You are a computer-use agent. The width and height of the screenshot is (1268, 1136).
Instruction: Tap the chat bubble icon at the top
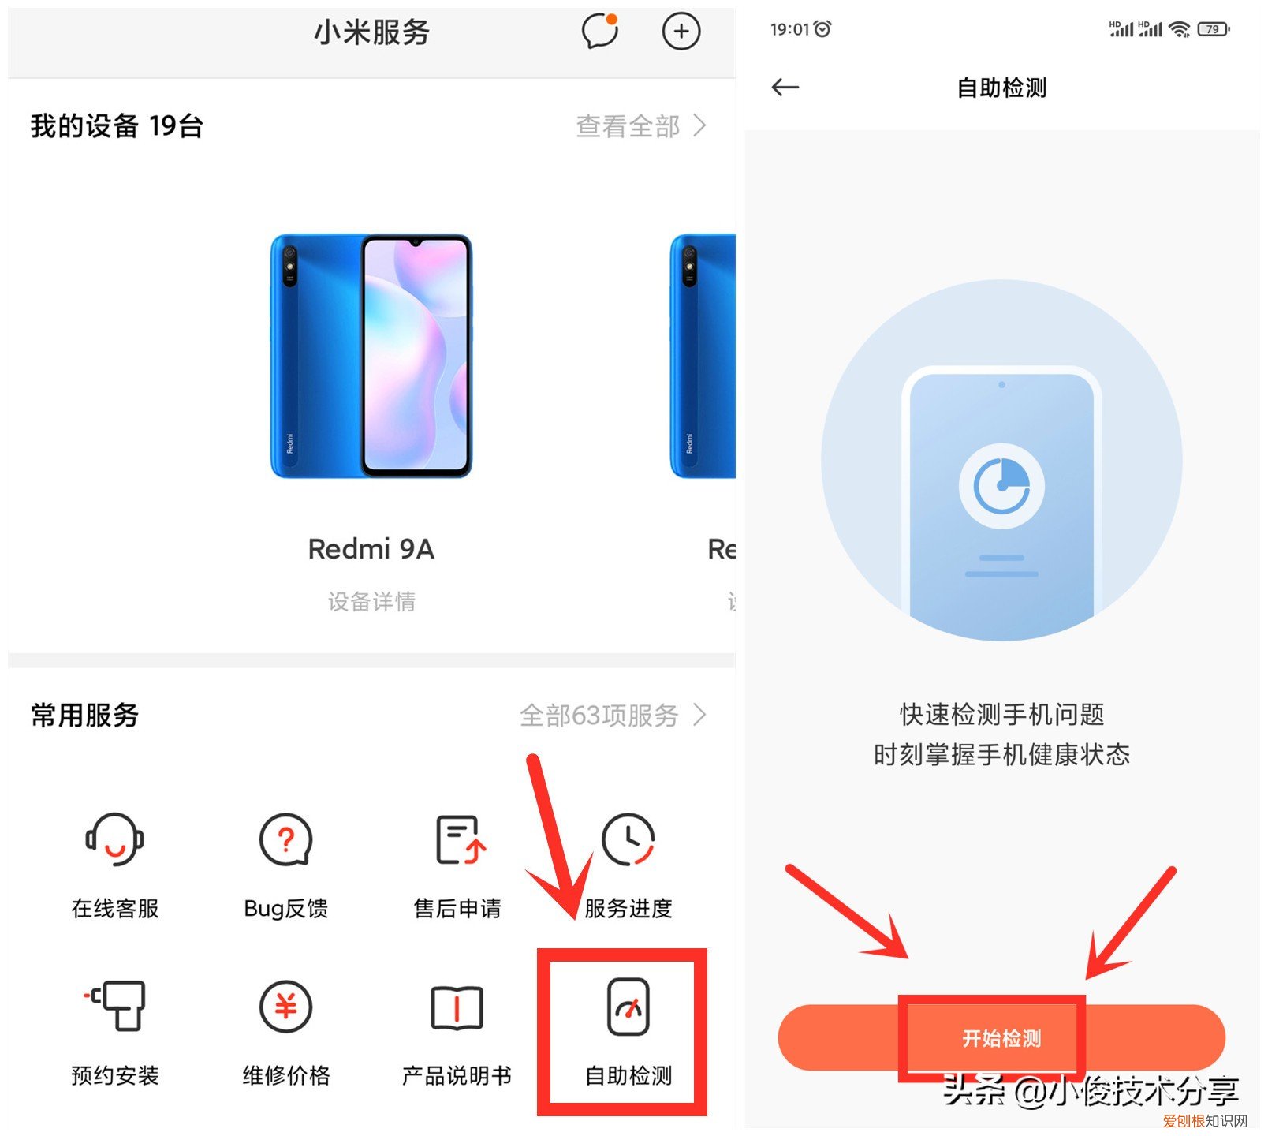pos(599,32)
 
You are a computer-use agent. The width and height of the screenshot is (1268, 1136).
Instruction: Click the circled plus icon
pos(681,32)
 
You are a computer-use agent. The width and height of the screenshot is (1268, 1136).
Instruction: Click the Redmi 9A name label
pos(371,549)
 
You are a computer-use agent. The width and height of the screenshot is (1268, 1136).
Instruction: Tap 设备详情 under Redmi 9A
pos(371,602)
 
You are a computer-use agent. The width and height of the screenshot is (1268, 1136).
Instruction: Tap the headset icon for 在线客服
pos(115,839)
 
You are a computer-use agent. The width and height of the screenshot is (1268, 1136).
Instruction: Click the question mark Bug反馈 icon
pos(286,839)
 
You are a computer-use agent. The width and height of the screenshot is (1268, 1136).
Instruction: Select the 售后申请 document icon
pos(460,839)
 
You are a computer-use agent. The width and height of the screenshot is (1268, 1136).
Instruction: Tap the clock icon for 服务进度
pos(628,839)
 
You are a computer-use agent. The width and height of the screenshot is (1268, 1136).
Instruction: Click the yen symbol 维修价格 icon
pos(286,1007)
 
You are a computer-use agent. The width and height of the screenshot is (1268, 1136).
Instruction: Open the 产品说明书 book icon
pos(457,1007)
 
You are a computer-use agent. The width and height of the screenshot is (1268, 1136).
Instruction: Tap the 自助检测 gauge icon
pos(628,1007)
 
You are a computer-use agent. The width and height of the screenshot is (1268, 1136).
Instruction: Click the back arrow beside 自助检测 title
pos(785,88)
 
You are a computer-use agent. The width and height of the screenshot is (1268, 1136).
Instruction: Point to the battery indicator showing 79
pos(1213,30)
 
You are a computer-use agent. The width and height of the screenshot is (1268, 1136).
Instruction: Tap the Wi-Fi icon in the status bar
pos(1180,30)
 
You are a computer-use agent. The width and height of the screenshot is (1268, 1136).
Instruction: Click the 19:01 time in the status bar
pos(790,30)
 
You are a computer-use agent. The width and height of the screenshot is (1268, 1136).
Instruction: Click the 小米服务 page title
pos(371,32)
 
